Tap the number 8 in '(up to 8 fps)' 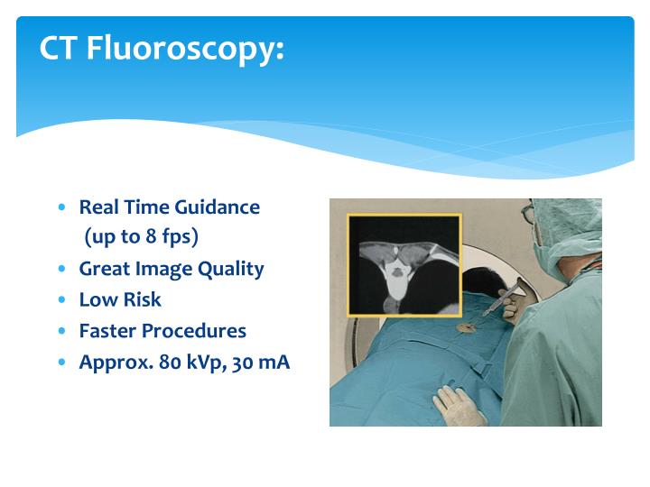(152, 237)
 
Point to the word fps (178, 237)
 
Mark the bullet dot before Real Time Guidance (61, 207)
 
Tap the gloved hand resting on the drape (460, 405)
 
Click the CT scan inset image (404, 264)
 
